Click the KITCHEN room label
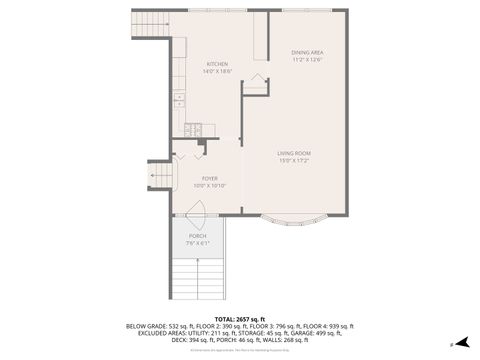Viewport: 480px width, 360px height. (x=217, y=64)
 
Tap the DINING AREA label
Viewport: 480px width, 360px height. (x=307, y=52)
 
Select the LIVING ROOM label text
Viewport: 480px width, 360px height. (x=294, y=152)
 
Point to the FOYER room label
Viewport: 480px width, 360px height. (x=210, y=178)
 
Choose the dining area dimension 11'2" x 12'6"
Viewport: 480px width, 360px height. (x=307, y=60)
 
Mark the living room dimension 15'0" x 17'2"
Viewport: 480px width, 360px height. (x=294, y=160)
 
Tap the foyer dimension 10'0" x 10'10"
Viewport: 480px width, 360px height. (x=210, y=186)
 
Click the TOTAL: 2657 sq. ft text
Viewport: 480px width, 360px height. (x=240, y=317)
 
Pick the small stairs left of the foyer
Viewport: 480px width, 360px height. (x=159, y=175)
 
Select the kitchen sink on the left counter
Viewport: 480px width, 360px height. (x=179, y=99)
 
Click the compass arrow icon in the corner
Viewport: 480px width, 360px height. (x=462, y=341)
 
